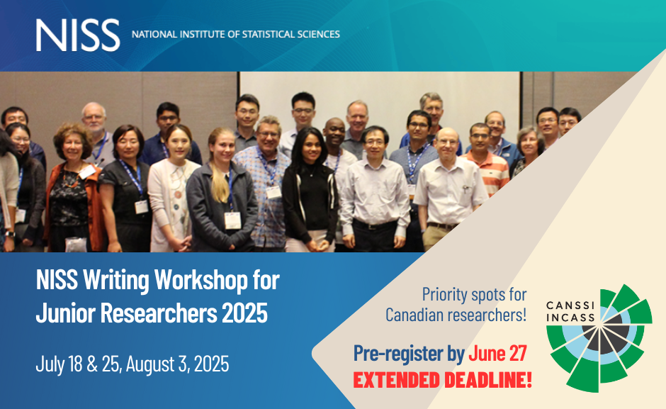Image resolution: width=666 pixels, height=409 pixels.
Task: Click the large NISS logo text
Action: point(78,35)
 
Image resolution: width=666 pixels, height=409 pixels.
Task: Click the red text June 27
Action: point(497,353)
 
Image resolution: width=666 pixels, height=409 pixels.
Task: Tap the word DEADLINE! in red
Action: point(488,380)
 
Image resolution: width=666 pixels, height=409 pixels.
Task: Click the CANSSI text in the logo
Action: point(570,306)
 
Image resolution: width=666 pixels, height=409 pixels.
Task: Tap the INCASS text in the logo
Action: point(570,317)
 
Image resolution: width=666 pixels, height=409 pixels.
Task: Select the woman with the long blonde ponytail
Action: point(221,190)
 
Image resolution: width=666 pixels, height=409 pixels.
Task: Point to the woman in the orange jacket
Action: point(73,187)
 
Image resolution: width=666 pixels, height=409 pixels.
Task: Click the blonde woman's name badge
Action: point(232,220)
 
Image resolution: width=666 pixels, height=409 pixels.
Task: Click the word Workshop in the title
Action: point(201,280)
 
